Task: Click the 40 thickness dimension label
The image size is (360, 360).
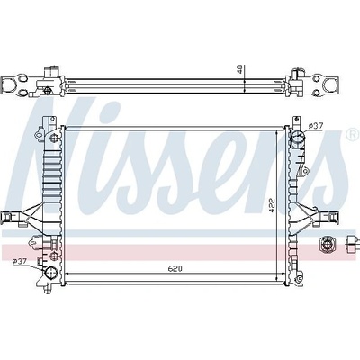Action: click(239, 69)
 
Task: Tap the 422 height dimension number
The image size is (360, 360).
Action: click(272, 205)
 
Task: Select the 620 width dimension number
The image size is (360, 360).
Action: click(175, 269)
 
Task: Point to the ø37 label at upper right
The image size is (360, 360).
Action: click(316, 126)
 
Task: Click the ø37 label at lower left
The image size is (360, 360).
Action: click(20, 261)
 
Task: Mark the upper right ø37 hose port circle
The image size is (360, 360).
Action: click(298, 138)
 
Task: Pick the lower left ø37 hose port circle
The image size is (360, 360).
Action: click(50, 274)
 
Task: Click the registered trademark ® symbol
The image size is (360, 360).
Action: click(353, 134)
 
